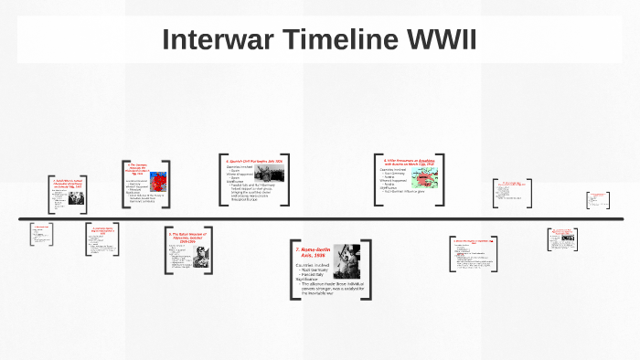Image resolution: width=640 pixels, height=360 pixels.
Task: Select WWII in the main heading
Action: (442, 40)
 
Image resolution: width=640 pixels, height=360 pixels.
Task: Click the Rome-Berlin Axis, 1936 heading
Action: (312, 253)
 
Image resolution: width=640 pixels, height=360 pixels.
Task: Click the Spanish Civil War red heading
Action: (254, 160)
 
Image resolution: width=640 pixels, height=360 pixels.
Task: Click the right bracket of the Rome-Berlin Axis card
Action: (368, 270)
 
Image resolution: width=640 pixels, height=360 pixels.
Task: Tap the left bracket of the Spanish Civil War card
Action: (222, 174)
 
